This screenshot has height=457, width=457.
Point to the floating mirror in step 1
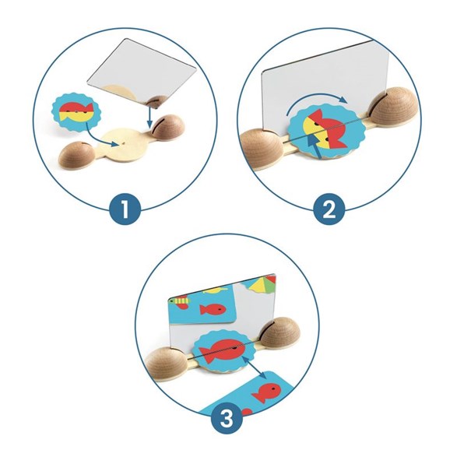[142, 72]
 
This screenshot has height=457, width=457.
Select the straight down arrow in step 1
[149, 117]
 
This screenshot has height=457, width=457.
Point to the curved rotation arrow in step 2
[316, 98]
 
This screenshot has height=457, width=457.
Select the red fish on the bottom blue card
[267, 392]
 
